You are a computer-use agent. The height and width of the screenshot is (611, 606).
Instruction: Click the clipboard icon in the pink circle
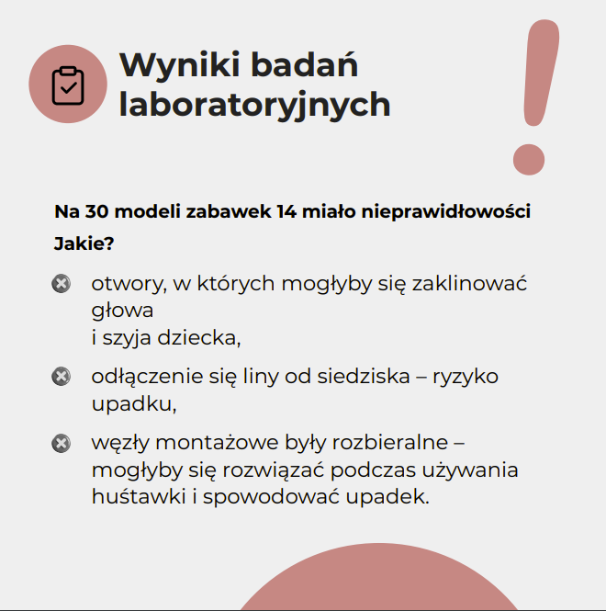68,85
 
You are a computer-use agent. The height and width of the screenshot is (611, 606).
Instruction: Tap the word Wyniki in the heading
181,66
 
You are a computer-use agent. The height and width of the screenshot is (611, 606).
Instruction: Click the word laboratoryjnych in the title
254,105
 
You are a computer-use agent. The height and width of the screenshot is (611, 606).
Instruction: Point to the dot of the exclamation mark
529,159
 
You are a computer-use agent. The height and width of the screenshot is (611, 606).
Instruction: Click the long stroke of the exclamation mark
541,74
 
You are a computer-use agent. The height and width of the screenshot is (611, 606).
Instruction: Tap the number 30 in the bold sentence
96,211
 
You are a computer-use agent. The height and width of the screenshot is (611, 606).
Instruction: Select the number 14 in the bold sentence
286,211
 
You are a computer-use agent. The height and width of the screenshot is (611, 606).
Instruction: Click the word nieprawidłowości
446,211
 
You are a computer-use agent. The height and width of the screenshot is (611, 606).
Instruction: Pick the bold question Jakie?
84,243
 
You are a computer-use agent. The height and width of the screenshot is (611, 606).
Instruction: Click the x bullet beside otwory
62,283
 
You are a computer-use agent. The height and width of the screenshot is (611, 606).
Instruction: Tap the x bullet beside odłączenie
62,377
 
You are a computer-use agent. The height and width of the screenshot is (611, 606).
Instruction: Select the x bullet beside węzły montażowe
62,443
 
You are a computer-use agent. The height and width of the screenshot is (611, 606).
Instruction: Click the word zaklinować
469,283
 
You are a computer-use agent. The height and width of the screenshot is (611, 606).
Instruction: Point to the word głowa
122,311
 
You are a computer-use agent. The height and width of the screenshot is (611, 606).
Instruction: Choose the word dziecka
199,337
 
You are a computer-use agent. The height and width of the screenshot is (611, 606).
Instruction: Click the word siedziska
364,376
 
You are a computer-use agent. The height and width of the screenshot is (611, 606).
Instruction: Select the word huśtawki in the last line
139,496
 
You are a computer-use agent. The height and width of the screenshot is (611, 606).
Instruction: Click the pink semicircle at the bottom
378,581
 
